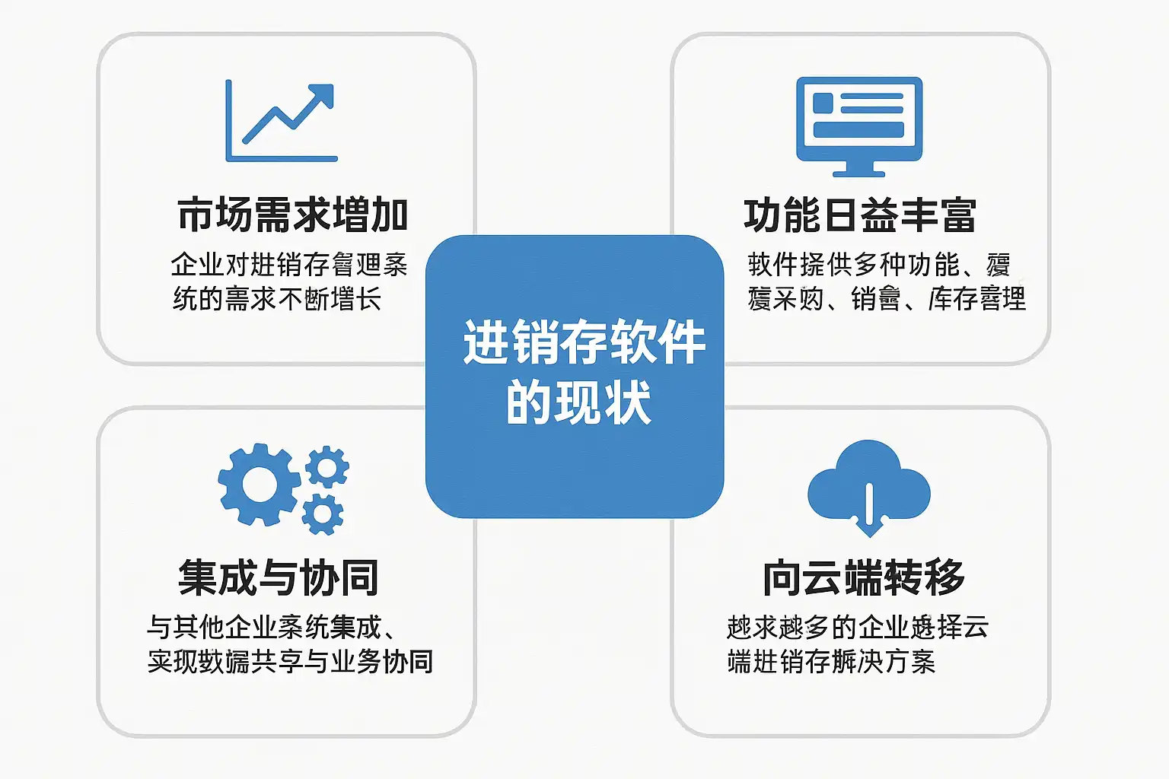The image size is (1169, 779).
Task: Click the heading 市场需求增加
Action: [293, 215]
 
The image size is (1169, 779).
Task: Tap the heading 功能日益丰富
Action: [860, 215]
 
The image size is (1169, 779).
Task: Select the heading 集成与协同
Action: [279, 578]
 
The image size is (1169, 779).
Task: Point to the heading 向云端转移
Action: [864, 578]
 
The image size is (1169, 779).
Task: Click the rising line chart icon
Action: [281, 122]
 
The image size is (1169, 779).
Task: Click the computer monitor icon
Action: [859, 126]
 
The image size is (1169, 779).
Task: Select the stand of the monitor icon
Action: [859, 167]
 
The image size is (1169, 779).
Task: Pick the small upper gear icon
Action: [327, 466]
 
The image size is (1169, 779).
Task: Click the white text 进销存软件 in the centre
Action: [584, 342]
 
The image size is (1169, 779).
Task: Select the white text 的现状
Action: [578, 402]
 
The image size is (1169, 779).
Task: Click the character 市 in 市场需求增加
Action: [196, 215]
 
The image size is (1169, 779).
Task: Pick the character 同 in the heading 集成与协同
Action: [359, 578]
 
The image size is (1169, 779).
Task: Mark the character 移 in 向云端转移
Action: [945, 578]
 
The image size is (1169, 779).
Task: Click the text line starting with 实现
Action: [290, 662]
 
